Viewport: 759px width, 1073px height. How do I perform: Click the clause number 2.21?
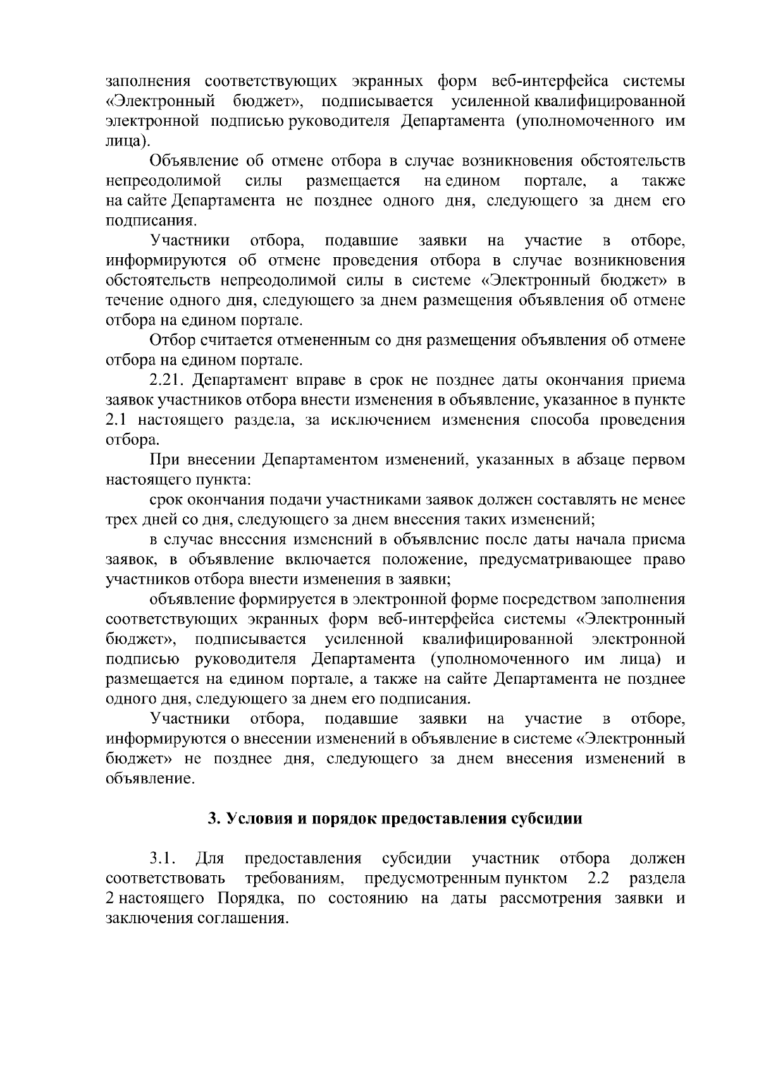(x=167, y=380)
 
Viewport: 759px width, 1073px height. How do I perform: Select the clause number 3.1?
(x=163, y=858)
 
